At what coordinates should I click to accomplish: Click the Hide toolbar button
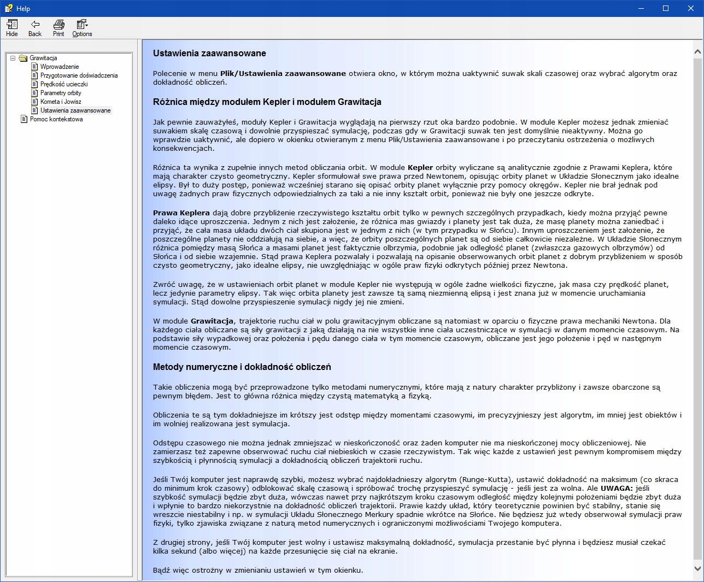12,27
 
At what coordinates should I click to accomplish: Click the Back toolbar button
35,27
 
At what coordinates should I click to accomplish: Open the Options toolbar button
82,27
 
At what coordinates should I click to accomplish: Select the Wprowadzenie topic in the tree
59,67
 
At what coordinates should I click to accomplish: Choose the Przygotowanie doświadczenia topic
79,75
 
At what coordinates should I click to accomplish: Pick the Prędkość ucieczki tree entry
63,84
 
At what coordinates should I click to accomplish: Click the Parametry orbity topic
61,93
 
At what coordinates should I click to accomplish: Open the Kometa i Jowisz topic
61,102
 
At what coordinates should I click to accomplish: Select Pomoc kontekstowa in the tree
56,119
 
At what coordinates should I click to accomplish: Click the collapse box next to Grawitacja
13,58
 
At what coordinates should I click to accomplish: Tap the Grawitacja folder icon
23,58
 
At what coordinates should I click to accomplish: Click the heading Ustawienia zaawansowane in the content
209,54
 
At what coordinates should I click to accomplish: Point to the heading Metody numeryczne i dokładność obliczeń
242,367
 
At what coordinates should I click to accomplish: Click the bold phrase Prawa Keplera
181,213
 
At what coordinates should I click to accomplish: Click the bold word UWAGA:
616,489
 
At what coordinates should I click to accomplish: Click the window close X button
691,8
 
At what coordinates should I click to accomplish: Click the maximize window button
666,8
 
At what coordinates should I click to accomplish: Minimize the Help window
641,8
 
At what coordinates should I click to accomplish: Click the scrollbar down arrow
697,568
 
